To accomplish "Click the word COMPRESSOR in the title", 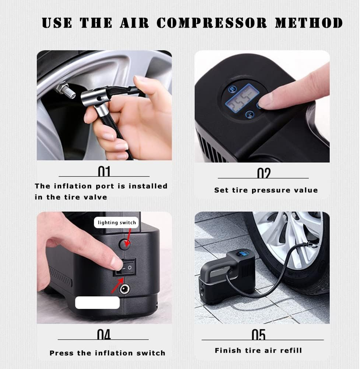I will click(212, 23).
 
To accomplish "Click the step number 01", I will click(104, 171).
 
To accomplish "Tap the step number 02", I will click(263, 173).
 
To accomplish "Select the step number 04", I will click(104, 335).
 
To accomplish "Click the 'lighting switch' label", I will click(116, 222).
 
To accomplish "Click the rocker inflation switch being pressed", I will click(125, 267).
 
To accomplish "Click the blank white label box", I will click(97, 302).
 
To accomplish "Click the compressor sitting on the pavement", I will click(227, 275).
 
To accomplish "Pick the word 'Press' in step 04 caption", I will click(62, 353).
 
